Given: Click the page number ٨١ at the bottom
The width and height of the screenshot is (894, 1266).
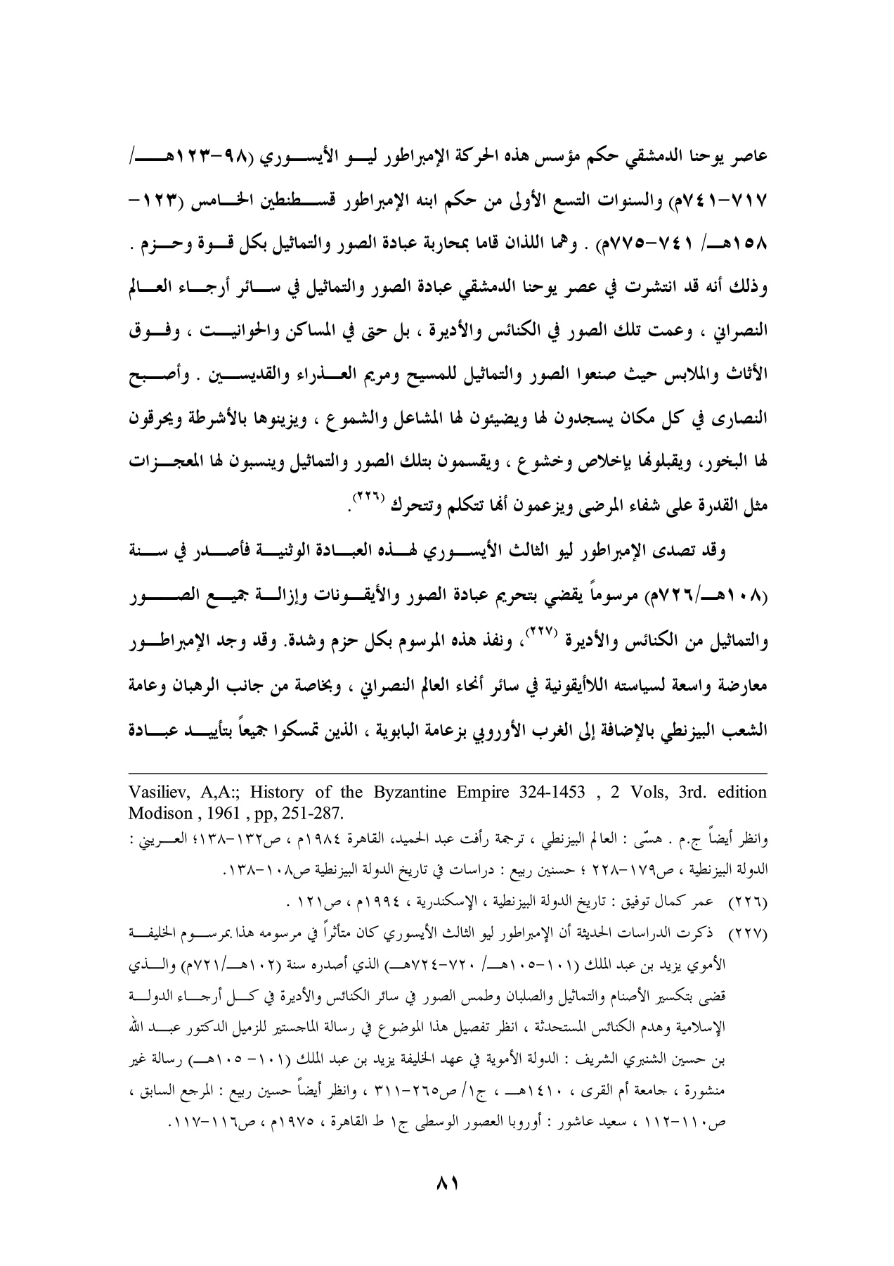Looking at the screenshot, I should click(x=447, y=1183).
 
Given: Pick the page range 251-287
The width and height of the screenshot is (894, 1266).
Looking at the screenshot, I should click(x=314, y=814).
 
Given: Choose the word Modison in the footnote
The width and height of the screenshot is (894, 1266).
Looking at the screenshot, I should click(x=160, y=814).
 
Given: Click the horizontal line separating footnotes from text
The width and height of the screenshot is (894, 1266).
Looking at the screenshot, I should click(x=447, y=771).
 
